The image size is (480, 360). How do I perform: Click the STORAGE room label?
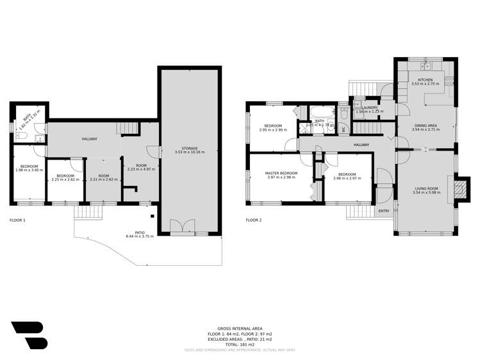tap(190, 148)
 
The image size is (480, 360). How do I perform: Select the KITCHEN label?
tap(426, 79)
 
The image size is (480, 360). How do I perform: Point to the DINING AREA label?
tap(424, 126)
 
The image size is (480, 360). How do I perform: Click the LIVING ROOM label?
tap(426, 188)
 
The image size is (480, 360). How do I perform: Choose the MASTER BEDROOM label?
tap(283, 174)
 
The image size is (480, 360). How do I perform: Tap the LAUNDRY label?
tap(370, 108)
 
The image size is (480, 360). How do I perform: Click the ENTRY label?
tap(384, 211)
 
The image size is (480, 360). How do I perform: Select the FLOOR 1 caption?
tap(17, 220)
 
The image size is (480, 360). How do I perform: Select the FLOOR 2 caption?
tap(254, 220)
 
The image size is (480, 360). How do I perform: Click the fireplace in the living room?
tap(458, 188)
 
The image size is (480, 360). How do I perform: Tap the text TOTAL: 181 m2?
tap(240, 345)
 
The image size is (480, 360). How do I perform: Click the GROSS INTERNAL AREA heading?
tap(240, 329)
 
